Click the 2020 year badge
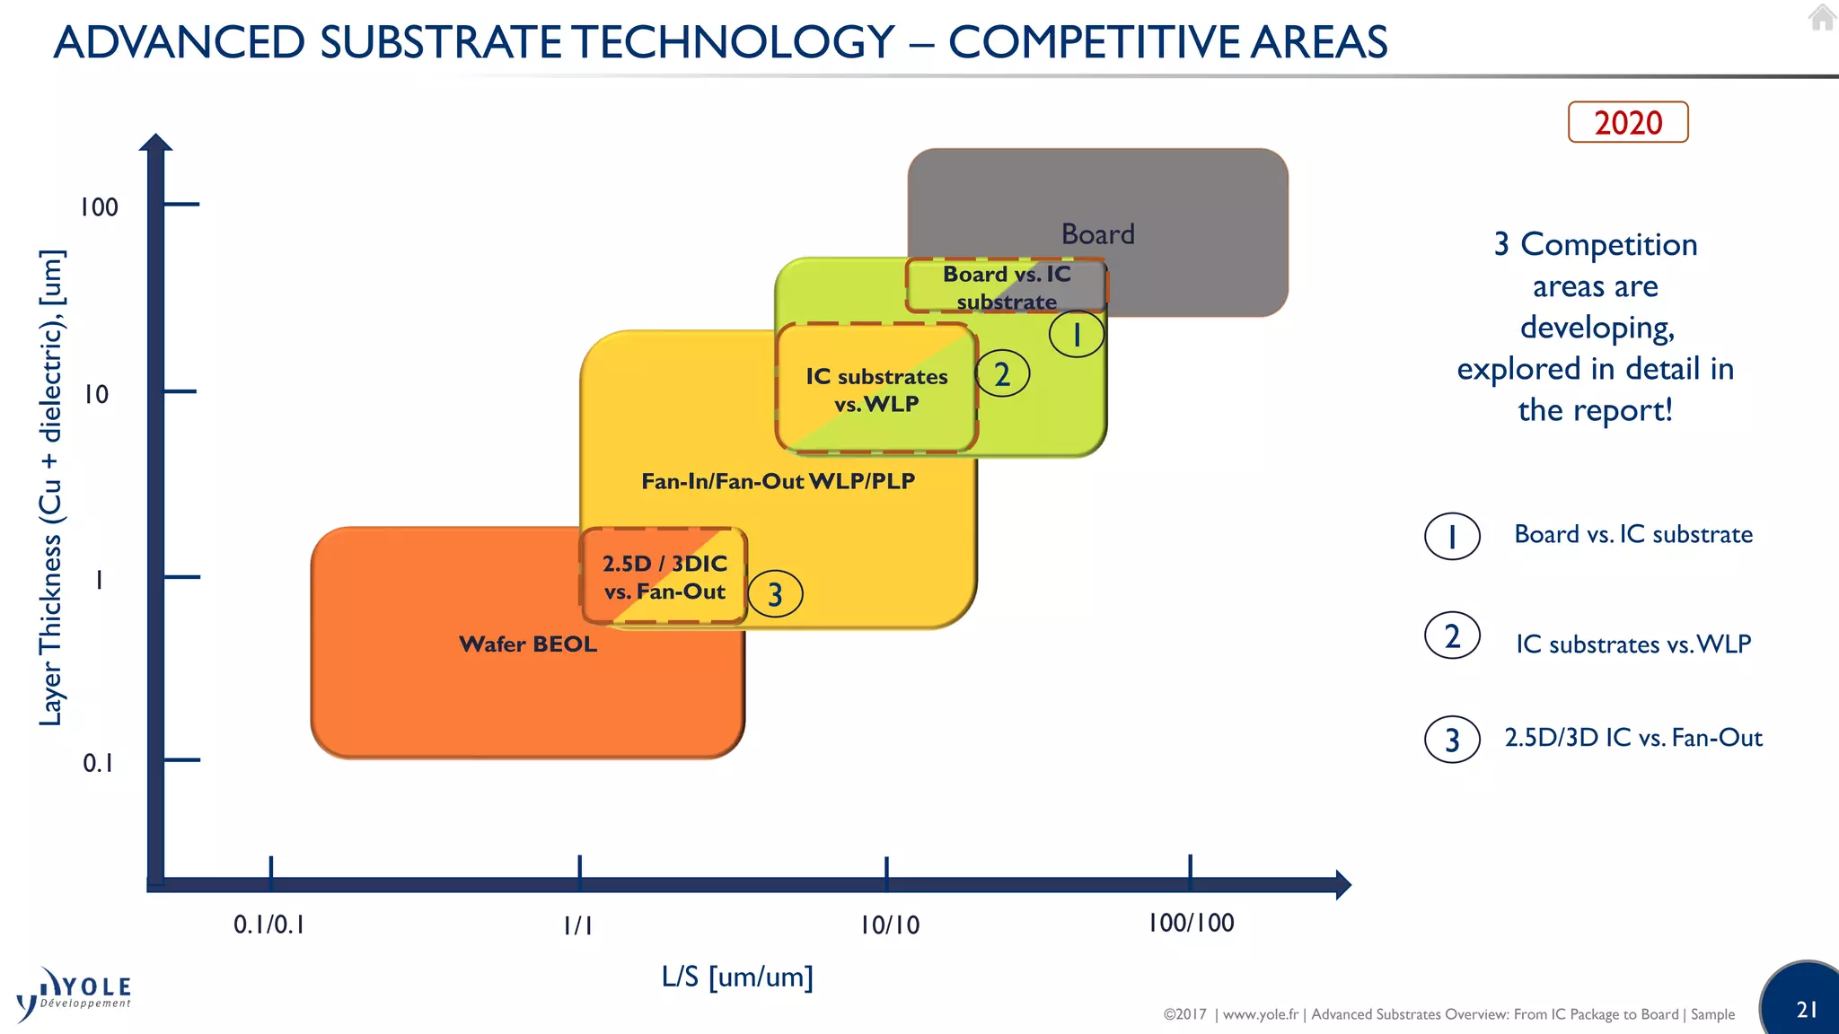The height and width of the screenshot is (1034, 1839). coord(1627,122)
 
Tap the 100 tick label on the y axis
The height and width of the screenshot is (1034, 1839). coord(99,207)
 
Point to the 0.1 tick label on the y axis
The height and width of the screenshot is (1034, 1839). coord(98,763)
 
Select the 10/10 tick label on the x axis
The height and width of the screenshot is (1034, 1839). coord(889,924)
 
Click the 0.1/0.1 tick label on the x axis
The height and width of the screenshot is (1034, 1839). coord(268,924)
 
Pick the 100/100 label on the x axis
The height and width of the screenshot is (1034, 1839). coord(1191,923)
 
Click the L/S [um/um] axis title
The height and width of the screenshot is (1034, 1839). coord(737,976)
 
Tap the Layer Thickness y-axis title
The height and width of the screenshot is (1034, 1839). coord(51,487)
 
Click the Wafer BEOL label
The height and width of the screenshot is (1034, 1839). coord(528,644)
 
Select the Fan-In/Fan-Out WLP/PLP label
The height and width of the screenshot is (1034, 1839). coord(778,481)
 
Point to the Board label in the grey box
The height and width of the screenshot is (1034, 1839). coord(1097,234)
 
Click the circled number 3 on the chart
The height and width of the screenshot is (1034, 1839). coord(775,594)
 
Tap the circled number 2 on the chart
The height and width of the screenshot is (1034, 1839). coord(1002,374)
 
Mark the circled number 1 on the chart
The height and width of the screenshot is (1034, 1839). coord(1077,335)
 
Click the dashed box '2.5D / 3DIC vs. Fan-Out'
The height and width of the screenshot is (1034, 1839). coord(664,577)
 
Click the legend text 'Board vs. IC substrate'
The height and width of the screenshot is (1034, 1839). coord(1632,534)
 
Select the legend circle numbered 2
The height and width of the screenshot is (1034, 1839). coord(1452,636)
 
